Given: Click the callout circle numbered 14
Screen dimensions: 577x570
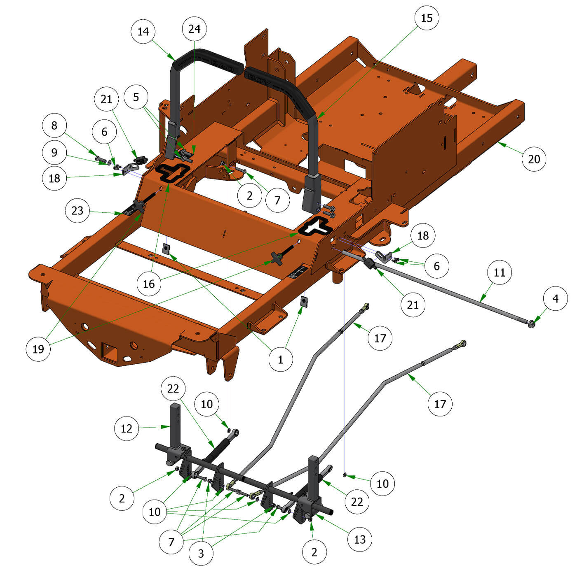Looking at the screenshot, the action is (143, 31).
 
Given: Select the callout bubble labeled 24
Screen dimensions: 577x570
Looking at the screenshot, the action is (195, 29).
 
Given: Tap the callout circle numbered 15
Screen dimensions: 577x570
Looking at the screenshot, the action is (427, 18).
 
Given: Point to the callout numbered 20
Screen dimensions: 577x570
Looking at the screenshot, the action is (534, 159).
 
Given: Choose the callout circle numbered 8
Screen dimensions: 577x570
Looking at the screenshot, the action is (54, 125).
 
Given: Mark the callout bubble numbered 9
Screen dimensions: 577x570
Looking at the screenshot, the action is (54, 152).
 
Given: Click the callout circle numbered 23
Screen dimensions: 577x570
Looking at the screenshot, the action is (77, 211).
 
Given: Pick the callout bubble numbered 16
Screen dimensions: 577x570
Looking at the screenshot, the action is (149, 284).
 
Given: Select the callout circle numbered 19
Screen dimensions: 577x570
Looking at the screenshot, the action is (38, 349).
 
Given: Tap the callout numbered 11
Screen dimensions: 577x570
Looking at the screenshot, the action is (499, 272).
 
